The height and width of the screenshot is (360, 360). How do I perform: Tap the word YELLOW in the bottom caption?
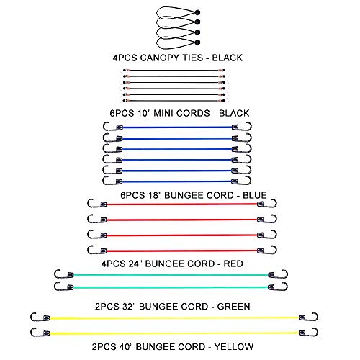[234, 346]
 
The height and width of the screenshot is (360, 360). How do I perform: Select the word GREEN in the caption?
[233, 307]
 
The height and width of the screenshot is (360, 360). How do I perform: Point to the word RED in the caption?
[233, 264]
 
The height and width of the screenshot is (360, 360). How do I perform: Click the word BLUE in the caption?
[255, 195]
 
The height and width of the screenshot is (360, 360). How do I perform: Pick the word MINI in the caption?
[163, 113]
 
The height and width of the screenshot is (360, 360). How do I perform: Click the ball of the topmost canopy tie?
[197, 12]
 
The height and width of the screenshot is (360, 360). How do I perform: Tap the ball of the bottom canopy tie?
[197, 42]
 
